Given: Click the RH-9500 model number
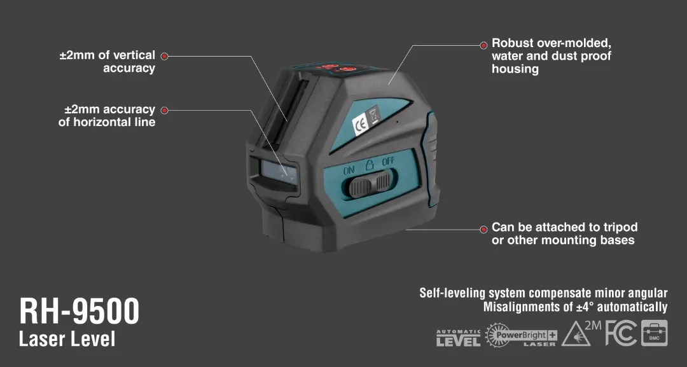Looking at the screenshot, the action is (x=79, y=312).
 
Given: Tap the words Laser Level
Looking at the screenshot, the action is (x=67, y=339).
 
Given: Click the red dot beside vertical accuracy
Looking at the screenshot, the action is (x=164, y=56).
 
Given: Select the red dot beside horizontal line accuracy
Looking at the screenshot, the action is (x=164, y=110).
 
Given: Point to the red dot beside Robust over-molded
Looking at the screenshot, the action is (x=483, y=45).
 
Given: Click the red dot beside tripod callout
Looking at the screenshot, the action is (x=483, y=228).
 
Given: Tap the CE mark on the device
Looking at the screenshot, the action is (x=360, y=125).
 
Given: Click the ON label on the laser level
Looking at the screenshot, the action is (x=349, y=170).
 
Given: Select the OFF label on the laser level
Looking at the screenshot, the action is (x=388, y=163).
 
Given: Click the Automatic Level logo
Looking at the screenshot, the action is (x=458, y=338).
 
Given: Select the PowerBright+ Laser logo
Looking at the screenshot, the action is (x=521, y=335).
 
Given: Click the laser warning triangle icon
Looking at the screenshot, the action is (x=575, y=335).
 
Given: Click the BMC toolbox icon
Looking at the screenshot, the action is (x=654, y=333).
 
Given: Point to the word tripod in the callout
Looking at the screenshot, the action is (x=620, y=227).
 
